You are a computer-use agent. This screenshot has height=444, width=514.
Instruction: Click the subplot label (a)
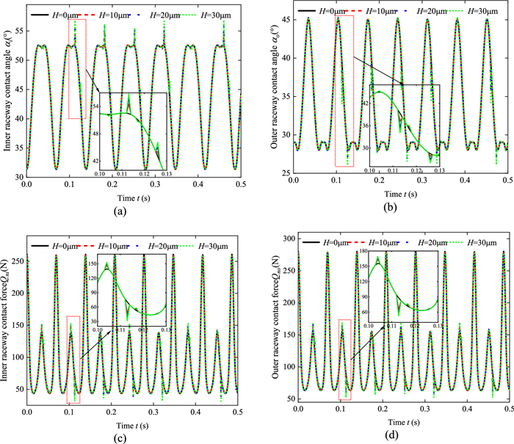[134, 213]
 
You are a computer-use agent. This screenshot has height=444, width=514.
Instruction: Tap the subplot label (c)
[134, 438]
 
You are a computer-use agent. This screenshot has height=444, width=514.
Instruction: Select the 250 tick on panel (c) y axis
[14, 261]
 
